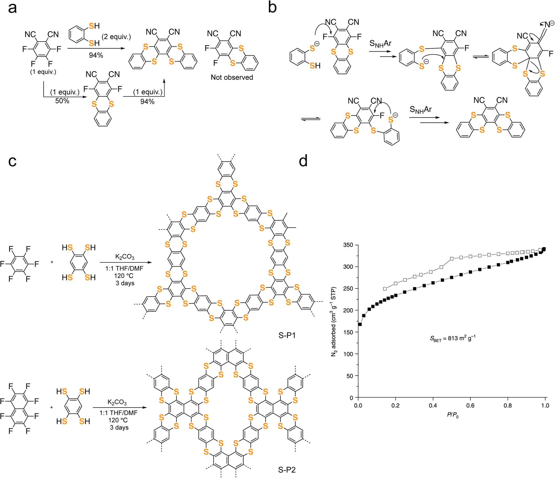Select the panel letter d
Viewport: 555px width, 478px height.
tap(303, 161)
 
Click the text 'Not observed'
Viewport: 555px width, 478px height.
tap(232, 77)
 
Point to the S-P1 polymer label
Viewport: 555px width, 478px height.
tap(287, 336)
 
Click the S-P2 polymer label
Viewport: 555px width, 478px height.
tap(287, 470)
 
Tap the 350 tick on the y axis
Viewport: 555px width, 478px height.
tap(348, 245)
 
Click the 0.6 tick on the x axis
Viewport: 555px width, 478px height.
tap(470, 406)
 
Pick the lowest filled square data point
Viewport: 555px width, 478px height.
tap(360, 324)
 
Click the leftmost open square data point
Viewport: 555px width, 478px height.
tap(385, 289)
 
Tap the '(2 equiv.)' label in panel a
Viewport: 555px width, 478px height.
tap(116, 37)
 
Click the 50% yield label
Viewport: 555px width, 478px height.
tap(62, 101)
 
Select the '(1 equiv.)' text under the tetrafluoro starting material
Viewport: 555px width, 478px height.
tap(43, 72)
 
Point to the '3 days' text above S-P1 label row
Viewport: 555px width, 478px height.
tap(125, 283)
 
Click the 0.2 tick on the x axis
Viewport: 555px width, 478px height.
tap(395, 406)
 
